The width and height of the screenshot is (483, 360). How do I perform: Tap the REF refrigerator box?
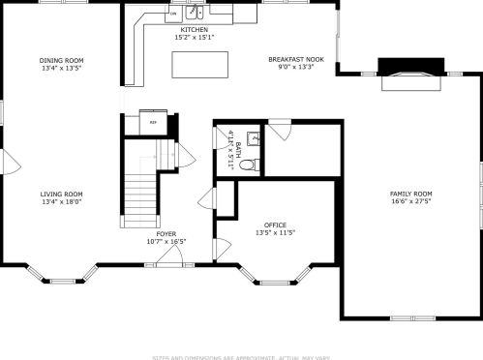[152, 123]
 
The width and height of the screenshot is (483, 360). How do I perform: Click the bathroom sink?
[253, 138]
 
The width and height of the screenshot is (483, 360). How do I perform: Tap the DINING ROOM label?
[61, 60]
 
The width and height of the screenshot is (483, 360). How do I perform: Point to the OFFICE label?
[275, 225]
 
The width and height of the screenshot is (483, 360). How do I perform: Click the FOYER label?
[166, 233]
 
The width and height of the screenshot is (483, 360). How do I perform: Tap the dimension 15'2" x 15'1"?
[194, 37]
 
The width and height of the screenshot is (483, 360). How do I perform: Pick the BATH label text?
[237, 150]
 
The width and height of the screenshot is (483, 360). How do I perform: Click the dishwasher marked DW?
[172, 15]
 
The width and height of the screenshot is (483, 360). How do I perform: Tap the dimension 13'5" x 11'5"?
[275, 233]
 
